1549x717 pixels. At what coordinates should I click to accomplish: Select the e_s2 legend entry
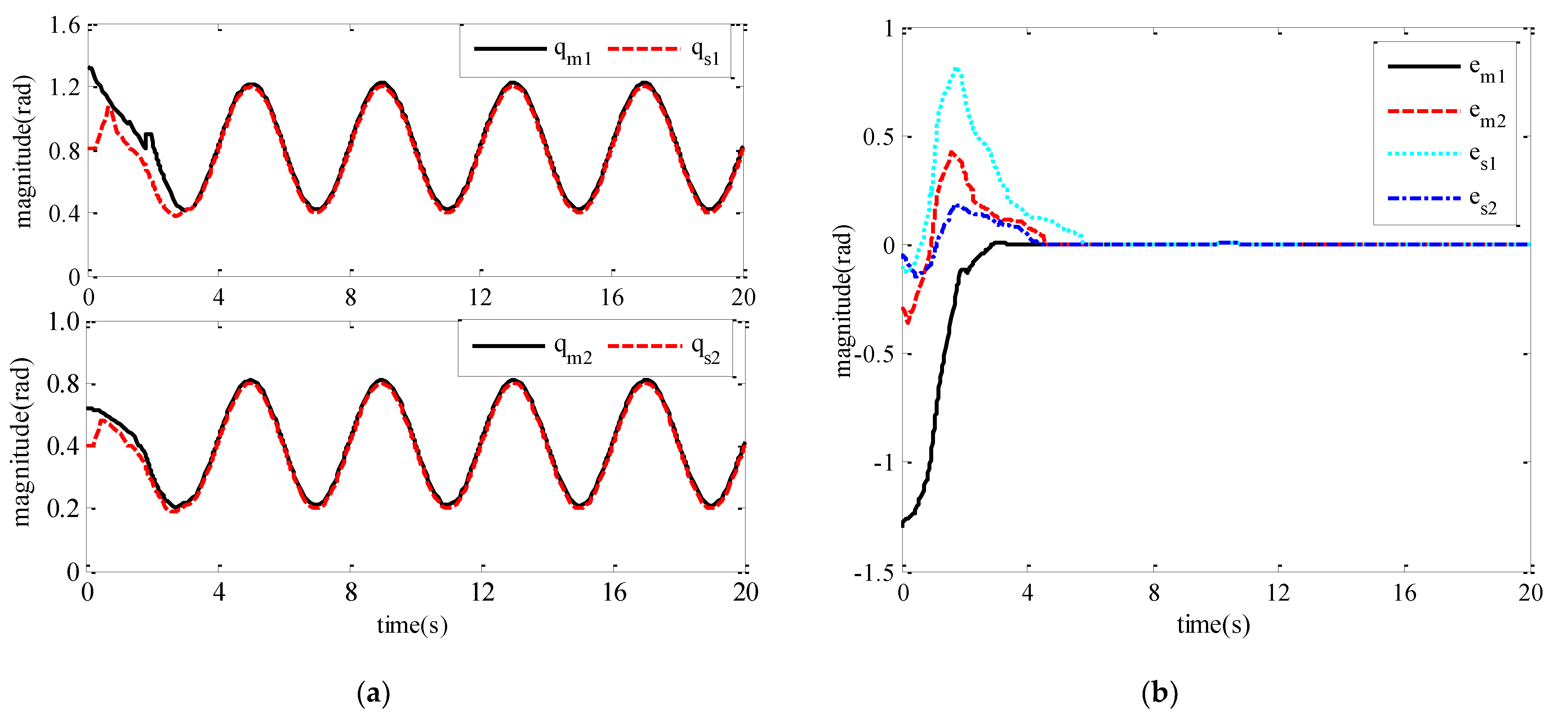[1483, 201]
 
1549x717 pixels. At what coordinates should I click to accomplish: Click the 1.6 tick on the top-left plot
[64, 26]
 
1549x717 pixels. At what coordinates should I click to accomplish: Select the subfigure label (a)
[373, 694]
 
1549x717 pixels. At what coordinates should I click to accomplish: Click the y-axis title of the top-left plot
[23, 152]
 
